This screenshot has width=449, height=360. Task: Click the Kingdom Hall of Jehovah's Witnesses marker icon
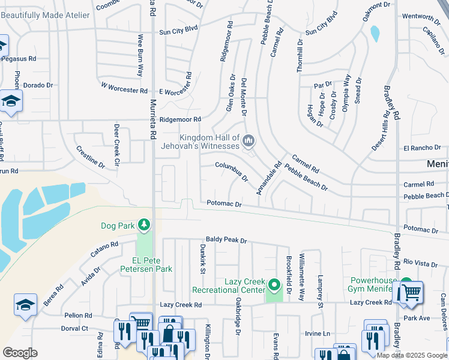pos(249,142)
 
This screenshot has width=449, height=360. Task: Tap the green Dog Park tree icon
pos(143,225)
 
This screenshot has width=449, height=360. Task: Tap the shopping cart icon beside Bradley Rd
pos(411,293)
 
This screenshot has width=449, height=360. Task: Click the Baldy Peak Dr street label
pos(226,240)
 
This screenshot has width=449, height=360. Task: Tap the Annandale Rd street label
pos(268,174)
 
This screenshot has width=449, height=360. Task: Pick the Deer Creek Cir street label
pos(116,139)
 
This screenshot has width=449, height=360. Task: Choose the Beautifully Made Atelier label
pos(46,15)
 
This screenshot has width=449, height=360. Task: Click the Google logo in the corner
pos(20,352)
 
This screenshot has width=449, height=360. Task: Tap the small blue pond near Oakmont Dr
pos(375,34)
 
